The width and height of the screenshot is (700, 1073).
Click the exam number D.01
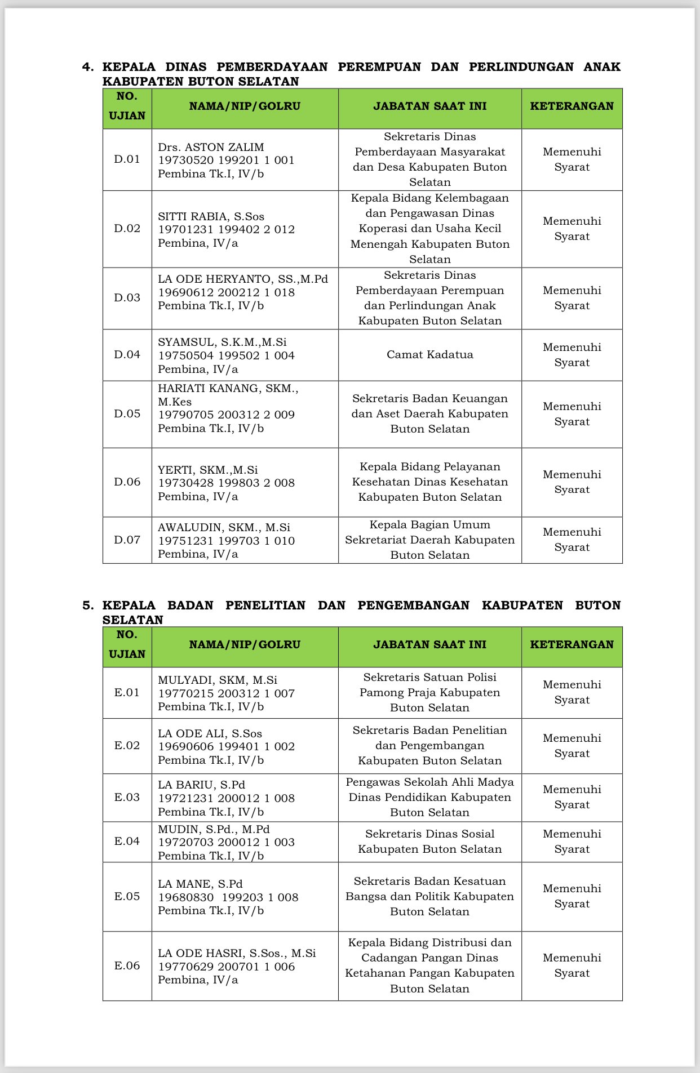point(127,159)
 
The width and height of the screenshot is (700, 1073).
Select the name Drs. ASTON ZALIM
point(211,147)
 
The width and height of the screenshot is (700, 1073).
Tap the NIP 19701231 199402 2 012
point(226,230)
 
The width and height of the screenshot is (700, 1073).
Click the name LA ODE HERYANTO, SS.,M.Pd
point(242,279)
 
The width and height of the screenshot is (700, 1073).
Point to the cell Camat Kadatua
point(429,355)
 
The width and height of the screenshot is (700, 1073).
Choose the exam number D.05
point(127,414)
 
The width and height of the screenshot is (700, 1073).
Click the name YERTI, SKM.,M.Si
point(207,470)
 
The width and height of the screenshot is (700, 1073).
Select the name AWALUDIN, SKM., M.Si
point(224,528)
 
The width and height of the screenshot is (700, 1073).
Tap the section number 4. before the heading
point(88,67)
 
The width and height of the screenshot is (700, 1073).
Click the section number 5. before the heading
point(88,605)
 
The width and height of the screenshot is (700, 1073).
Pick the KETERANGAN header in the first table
point(571,106)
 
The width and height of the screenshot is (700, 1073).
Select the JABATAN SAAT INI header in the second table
point(429,645)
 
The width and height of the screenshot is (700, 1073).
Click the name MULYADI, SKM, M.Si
point(218,680)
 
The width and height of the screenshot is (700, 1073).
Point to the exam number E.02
point(127,746)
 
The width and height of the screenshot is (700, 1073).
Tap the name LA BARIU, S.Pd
point(201,785)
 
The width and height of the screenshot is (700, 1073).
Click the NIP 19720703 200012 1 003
point(226,843)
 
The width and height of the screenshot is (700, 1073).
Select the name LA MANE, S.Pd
point(200,884)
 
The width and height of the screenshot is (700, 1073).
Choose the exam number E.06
point(127,966)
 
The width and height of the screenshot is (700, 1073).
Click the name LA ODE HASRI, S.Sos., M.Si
point(237,954)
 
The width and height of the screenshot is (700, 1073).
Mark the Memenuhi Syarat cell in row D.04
point(571,355)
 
